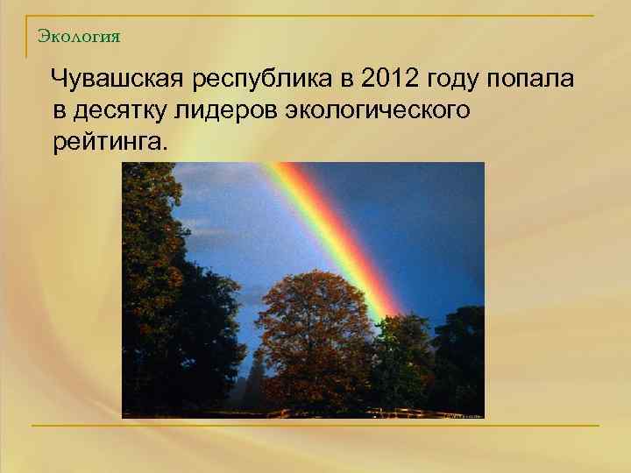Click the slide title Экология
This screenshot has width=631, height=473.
pyautogui.click(x=80, y=37)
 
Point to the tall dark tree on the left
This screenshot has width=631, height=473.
pyautogui.click(x=158, y=289)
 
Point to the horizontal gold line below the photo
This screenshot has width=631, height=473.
pyautogui.click(x=315, y=426)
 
